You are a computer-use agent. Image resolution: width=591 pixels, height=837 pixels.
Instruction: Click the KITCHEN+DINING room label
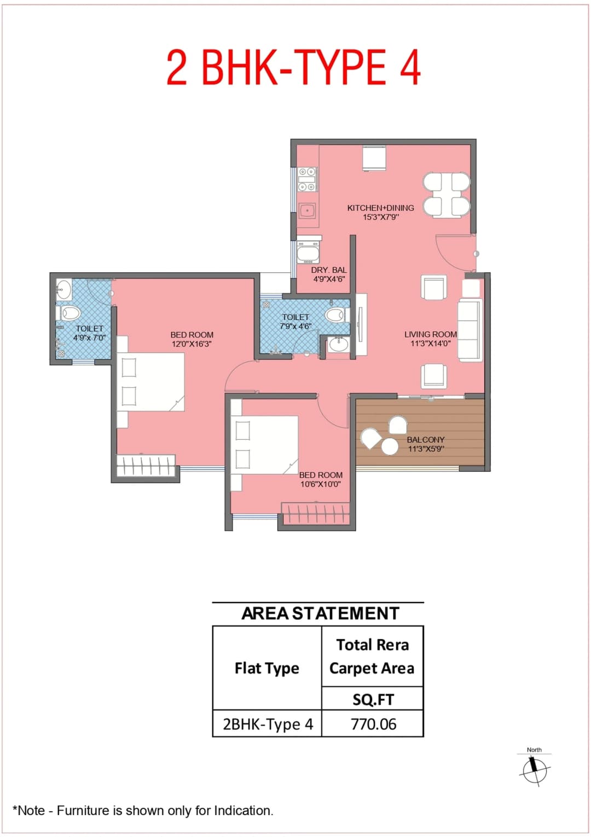[x=380, y=208]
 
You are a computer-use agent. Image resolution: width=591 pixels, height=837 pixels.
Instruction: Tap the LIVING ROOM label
[x=430, y=334]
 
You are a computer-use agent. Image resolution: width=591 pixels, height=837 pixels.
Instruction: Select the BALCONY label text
[x=425, y=439]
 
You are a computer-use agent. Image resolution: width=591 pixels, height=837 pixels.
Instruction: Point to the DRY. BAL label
[x=328, y=270]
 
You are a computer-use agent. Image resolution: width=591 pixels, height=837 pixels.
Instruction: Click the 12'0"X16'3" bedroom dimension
[x=192, y=344]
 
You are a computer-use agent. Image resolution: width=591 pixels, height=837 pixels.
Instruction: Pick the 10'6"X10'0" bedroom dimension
[x=320, y=484]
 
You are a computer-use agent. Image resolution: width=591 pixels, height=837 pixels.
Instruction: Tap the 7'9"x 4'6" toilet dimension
[x=296, y=326]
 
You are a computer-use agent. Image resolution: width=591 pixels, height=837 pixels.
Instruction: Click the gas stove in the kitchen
[x=306, y=179]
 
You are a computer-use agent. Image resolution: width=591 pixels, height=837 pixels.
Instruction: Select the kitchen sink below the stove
[x=307, y=210]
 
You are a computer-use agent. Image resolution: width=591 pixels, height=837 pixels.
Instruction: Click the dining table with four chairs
[x=447, y=194]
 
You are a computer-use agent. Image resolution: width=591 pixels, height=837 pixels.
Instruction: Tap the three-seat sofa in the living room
[x=470, y=330]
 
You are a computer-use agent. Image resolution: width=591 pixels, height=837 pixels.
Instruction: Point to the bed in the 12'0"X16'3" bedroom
[x=150, y=382]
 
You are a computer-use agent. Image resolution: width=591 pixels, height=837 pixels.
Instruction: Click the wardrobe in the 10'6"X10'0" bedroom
[x=315, y=514]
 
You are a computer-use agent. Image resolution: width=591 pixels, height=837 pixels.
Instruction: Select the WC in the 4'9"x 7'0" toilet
[x=69, y=314]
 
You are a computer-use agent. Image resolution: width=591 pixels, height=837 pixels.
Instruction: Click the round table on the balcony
[x=390, y=446]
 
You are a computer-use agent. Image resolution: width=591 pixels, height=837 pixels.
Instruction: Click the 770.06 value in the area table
[x=373, y=724]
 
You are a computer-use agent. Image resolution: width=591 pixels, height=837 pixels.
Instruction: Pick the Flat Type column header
[x=266, y=668]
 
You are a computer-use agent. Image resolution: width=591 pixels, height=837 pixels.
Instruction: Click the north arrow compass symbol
[x=534, y=770]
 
